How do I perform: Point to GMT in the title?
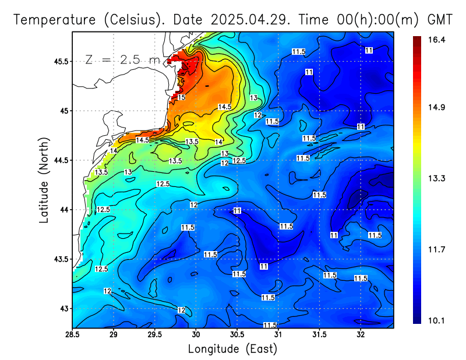pyautogui.click(x=440, y=20)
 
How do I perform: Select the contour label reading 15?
pyautogui.click(x=181, y=97)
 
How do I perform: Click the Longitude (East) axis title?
pyautogui.click(x=232, y=349)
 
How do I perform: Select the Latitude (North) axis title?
pyautogui.click(x=45, y=180)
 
